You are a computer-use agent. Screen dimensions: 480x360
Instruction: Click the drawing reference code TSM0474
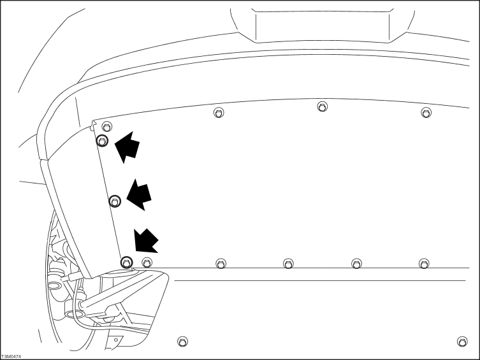click(x=11, y=357)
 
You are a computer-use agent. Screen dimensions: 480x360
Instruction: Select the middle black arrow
click(x=140, y=195)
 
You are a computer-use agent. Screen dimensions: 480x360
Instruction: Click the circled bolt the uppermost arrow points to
click(x=102, y=141)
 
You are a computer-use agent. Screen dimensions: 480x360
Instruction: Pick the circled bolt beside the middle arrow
click(x=115, y=201)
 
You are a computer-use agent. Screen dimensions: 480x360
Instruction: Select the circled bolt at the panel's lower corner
click(x=127, y=263)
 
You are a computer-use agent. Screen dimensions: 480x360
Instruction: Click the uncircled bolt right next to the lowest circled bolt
click(x=147, y=263)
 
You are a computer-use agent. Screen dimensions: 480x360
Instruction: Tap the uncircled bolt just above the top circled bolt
click(x=107, y=126)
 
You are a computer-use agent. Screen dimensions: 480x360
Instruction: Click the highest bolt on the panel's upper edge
click(x=322, y=107)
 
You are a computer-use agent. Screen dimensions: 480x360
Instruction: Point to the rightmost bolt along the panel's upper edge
click(x=426, y=113)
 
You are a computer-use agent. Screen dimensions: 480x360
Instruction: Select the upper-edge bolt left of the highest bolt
click(x=219, y=113)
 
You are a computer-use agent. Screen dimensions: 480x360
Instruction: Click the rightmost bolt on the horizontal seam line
click(x=424, y=264)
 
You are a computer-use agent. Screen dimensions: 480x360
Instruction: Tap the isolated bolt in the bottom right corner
click(x=462, y=342)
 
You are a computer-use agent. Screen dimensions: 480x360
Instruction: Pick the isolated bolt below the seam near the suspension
click(x=183, y=342)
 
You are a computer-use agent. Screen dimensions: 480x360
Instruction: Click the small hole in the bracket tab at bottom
click(x=116, y=340)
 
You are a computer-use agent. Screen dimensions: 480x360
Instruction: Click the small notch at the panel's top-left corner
click(x=94, y=125)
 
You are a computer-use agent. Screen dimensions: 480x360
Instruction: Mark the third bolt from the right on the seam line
click(x=288, y=264)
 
